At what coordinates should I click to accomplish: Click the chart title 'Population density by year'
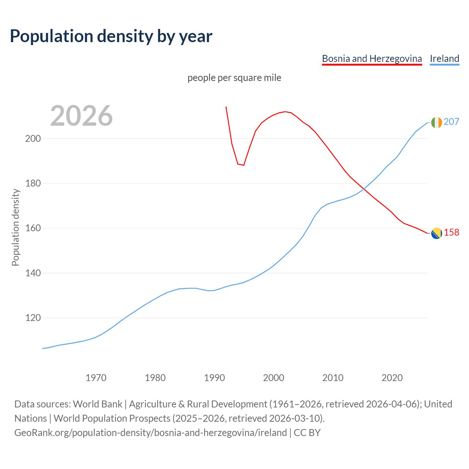point(111,36)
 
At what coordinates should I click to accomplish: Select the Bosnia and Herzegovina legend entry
point(372,59)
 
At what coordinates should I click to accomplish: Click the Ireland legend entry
point(444,59)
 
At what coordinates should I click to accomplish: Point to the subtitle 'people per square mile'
point(234,78)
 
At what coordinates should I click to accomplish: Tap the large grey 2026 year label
point(81,116)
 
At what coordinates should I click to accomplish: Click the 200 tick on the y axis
point(33,139)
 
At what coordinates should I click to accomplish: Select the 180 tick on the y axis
point(33,183)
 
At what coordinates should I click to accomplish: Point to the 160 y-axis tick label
point(33,228)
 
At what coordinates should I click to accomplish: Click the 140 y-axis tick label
point(33,273)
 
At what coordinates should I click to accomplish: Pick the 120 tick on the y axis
point(33,318)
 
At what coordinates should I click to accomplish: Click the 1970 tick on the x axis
point(96,377)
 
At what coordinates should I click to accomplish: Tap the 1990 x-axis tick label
point(214,377)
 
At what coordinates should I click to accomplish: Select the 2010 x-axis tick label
point(333,377)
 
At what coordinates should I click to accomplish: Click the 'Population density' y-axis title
point(15,227)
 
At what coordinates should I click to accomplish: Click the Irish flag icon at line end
point(436,122)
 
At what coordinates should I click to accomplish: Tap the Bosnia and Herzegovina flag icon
point(436,233)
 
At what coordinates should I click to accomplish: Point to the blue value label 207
point(451,122)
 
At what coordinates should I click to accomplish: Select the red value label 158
point(451,232)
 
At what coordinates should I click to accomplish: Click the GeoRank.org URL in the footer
point(151,433)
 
